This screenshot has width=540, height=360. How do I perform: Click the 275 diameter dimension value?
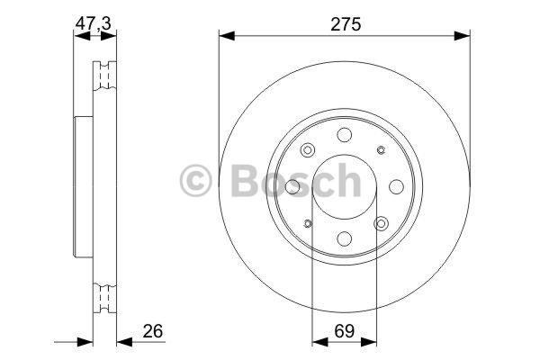tap(346, 24)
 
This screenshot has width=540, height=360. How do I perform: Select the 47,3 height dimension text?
tap(93, 23)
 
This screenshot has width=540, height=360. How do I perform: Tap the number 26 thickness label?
tap(153, 331)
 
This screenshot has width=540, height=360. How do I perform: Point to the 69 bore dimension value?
tap(345, 331)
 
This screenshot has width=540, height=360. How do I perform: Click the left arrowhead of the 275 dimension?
tap(227, 35)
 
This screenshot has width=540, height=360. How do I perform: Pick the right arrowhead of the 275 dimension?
tap(463, 35)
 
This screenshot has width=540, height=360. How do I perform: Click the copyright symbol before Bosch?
tap(195, 181)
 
